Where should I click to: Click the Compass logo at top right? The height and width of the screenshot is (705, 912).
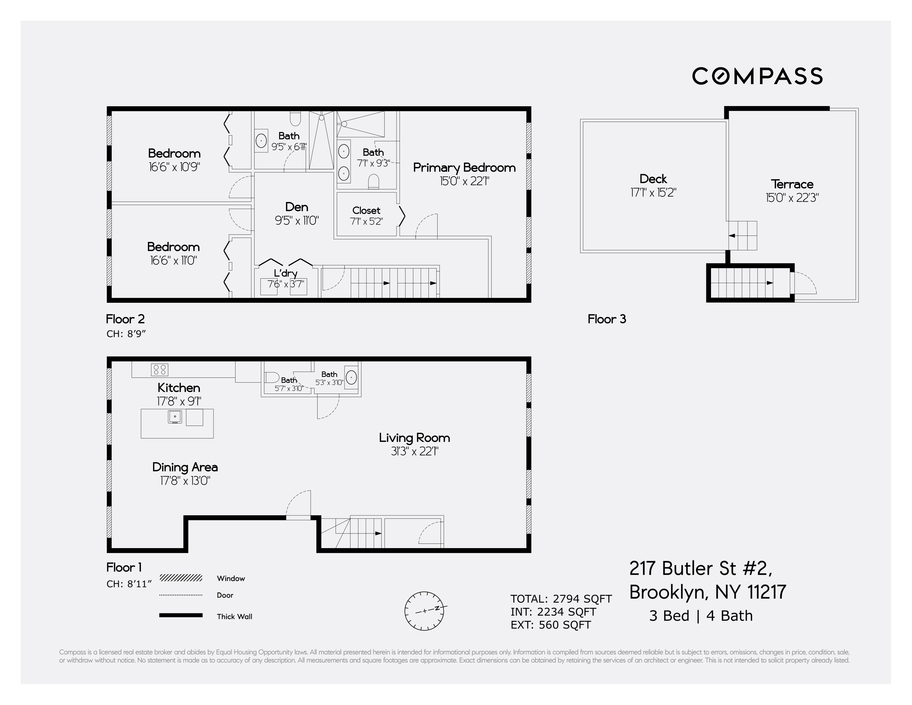coord(757,76)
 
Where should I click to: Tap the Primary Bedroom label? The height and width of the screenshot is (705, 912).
coord(464,168)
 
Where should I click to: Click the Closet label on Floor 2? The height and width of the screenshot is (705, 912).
coord(366,210)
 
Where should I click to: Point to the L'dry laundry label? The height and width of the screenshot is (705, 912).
coord(286,273)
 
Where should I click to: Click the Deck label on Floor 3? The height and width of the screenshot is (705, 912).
coord(653,179)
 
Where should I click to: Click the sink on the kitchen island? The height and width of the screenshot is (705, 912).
coord(175,417)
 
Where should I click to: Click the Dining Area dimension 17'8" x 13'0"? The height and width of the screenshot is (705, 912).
coord(185,481)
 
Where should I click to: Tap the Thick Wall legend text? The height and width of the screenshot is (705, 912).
coord(234,616)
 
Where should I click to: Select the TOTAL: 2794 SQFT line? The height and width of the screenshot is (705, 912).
coord(561,599)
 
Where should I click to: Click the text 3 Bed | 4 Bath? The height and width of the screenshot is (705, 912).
coord(701,616)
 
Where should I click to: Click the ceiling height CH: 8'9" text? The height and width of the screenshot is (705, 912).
coord(126,334)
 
